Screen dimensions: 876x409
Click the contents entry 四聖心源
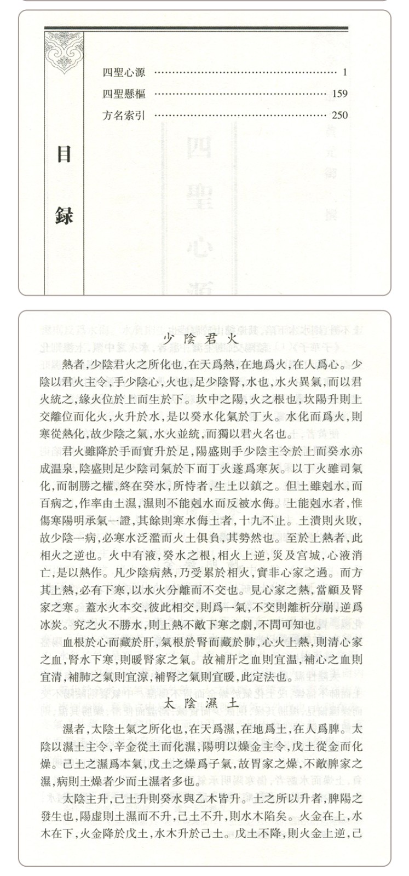[x=124, y=72]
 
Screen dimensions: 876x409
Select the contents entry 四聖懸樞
[x=124, y=94]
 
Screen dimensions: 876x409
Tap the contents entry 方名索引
[x=124, y=115]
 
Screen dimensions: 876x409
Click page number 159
[x=339, y=94]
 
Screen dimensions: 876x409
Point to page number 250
[x=339, y=115]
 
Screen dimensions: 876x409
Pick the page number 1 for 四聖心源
[x=345, y=72]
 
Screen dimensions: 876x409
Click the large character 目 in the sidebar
[x=65, y=155]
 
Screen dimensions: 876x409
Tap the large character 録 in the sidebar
[x=65, y=214]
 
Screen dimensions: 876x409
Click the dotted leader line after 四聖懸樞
[x=238, y=94]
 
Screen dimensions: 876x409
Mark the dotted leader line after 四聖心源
[x=244, y=72]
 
